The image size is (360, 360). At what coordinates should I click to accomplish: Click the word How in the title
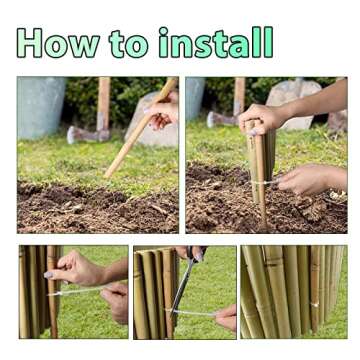[58, 43]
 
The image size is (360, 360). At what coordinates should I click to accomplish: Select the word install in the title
[216, 42]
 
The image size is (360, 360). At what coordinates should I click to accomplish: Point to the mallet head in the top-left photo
[88, 134]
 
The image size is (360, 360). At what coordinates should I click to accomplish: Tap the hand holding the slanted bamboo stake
[163, 110]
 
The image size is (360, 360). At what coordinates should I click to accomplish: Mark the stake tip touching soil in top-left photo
[107, 176]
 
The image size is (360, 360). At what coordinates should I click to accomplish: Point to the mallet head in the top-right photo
[222, 120]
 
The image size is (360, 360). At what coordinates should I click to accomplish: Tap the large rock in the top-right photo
[293, 104]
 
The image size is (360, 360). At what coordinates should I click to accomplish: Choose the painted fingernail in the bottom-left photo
[49, 275]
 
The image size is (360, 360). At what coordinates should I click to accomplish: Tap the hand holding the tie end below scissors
[226, 317]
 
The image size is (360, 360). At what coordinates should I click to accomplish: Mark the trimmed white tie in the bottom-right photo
[314, 304]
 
